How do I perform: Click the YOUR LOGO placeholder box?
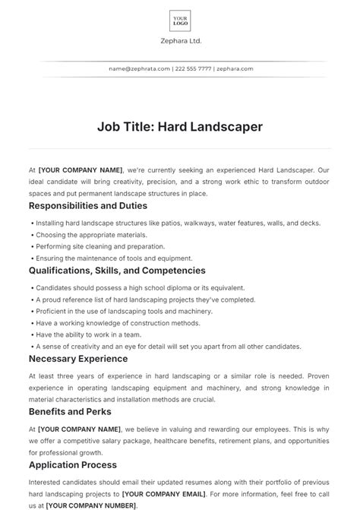coord(180,21)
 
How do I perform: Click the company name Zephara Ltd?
coord(180,41)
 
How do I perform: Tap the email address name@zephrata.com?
coord(140,68)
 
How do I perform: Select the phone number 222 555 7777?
coord(193,68)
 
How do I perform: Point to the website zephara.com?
coord(235,68)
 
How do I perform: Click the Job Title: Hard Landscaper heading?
coord(180,127)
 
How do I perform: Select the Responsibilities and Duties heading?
coord(88,205)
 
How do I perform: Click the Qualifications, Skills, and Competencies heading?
coord(117,270)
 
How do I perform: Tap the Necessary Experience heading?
coord(78,358)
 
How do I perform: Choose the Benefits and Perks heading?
coord(70,411)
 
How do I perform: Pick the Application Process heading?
coord(73,464)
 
